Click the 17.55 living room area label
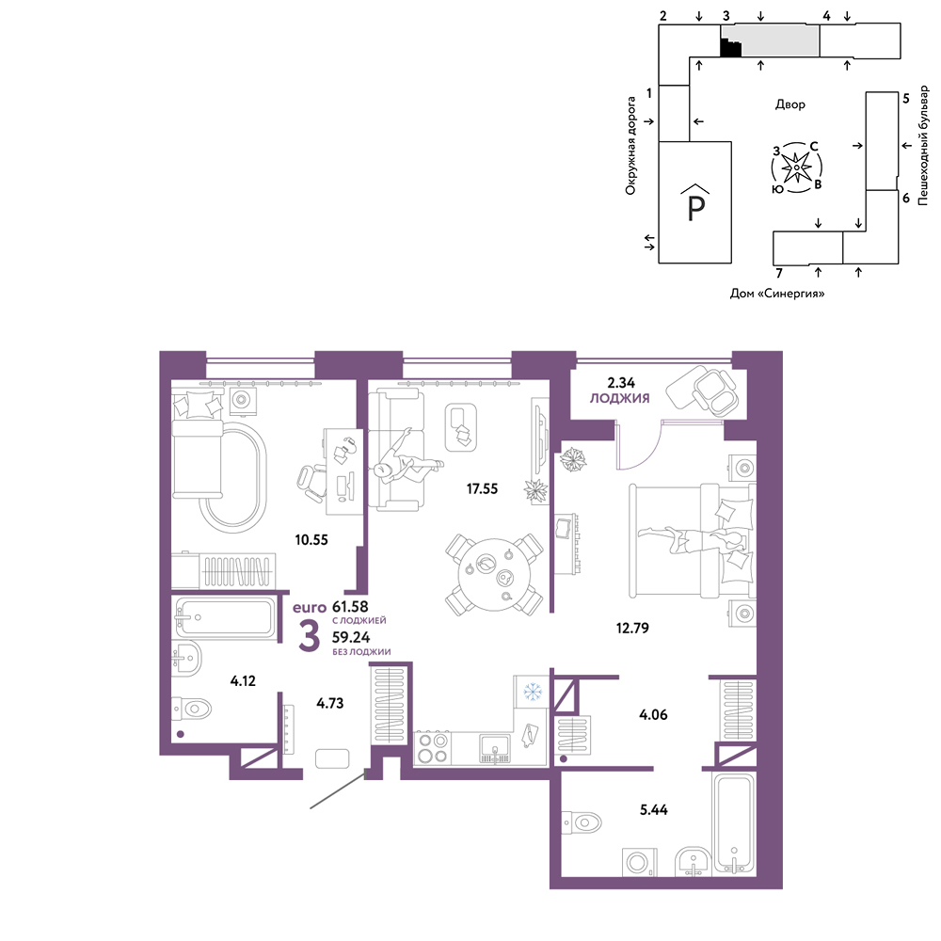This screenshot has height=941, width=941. tap(482, 488)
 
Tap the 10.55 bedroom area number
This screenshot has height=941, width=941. tap(311, 539)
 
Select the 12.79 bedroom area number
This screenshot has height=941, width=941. tap(632, 628)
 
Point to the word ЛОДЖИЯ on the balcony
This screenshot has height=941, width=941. tap(619, 398)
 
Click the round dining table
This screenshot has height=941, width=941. tap(494, 575)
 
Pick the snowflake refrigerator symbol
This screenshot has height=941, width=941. tap(533, 692)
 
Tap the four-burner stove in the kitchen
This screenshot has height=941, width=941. tap(433, 748)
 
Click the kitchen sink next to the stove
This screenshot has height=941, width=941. tap(495, 748)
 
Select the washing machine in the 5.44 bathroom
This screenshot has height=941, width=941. tap(639, 862)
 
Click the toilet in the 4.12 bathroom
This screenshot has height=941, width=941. tap(192, 709)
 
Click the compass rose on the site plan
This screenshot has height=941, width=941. tap(796, 167)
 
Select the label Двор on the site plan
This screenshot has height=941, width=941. tap(789, 104)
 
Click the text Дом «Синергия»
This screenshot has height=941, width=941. tap(776, 294)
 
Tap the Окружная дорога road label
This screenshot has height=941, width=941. tap(630, 146)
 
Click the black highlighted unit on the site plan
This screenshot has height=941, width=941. tap(729, 48)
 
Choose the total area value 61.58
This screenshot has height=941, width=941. tap(350, 607)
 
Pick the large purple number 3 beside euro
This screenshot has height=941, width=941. tap(309, 637)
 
